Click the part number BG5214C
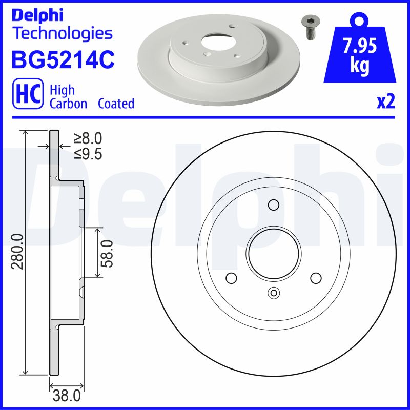coord(62,59)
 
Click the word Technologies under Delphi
coord(62,33)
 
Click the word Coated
coord(116,104)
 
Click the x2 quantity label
coord(385,102)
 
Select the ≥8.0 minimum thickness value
coord(88,138)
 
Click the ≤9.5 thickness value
coord(88,153)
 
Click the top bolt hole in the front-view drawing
coord(273,206)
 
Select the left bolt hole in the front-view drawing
coord(231,278)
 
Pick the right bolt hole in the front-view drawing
coord(315,278)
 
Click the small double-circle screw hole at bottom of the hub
coord(273,293)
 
